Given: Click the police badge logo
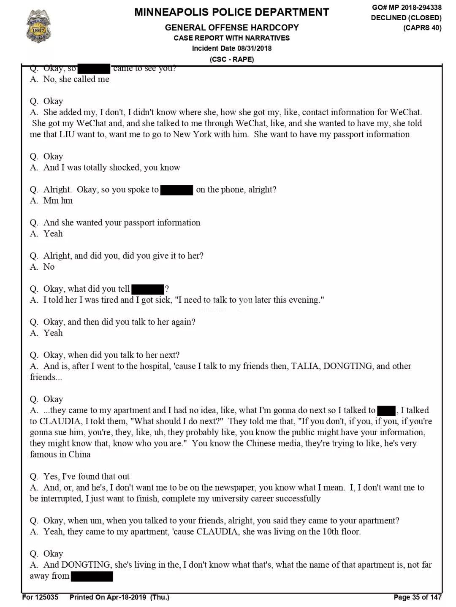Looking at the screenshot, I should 38,26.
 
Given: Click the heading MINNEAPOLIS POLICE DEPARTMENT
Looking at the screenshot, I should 231,12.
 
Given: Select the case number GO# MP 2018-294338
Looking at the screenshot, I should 407,7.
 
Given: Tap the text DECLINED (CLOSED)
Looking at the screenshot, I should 406,18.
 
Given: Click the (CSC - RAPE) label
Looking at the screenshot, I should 232,59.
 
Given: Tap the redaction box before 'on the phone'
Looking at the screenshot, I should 177,190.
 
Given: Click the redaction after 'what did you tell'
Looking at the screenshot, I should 148,289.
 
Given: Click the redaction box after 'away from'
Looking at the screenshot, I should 92,576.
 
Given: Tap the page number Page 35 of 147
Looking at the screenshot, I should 417,597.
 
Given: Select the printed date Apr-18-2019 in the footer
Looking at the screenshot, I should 126,597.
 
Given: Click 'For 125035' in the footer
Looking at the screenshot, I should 40,597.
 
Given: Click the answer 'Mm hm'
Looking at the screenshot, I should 58,201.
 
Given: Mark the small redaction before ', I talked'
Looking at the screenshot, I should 386,410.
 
